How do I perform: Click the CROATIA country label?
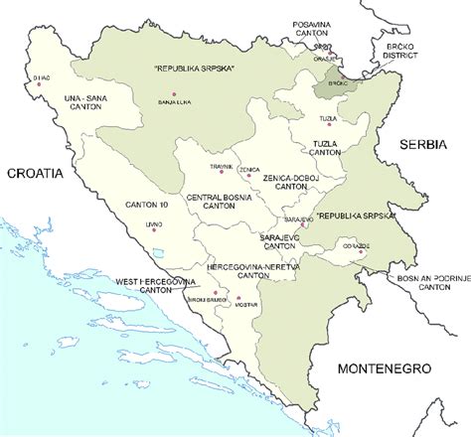[35, 172]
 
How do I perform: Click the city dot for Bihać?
[39, 84]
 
